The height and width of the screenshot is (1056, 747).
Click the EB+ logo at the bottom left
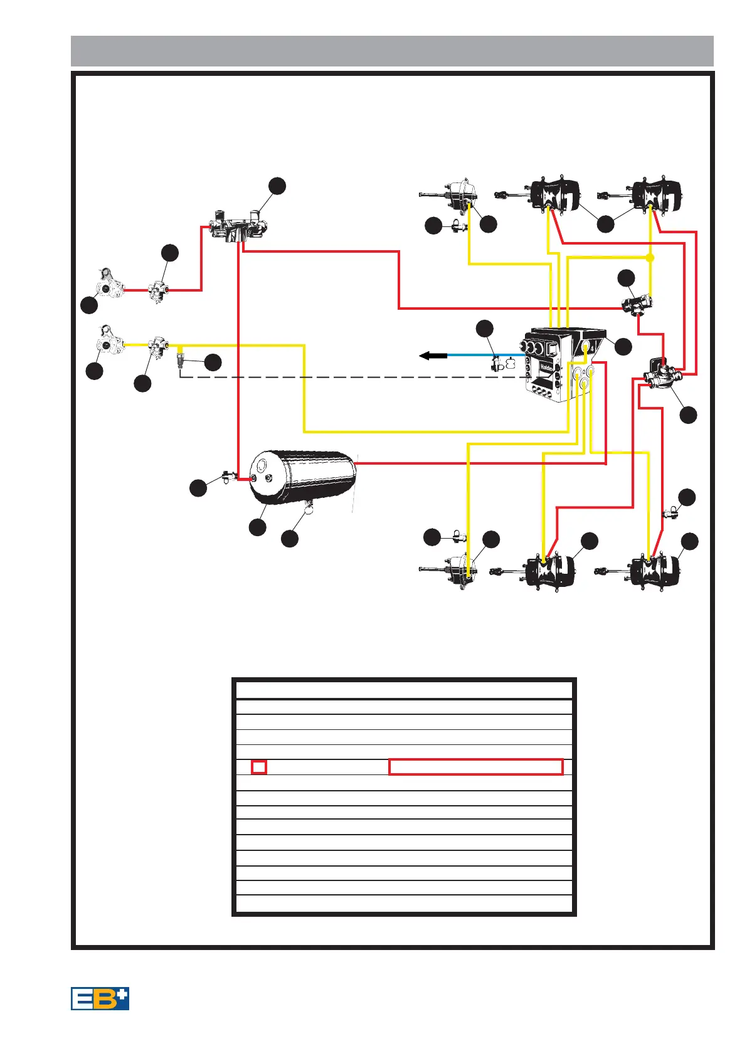click(100, 998)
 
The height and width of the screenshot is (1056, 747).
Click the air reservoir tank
click(302, 477)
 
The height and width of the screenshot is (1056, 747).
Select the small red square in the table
click(258, 766)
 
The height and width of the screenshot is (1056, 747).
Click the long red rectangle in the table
click(475, 766)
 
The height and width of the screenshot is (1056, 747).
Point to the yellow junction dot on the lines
click(650, 258)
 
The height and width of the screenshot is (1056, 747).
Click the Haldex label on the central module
click(545, 369)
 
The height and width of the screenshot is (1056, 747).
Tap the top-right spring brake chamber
click(655, 196)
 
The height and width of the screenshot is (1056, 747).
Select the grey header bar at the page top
click(392, 51)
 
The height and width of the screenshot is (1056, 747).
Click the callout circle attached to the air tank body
click(257, 527)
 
